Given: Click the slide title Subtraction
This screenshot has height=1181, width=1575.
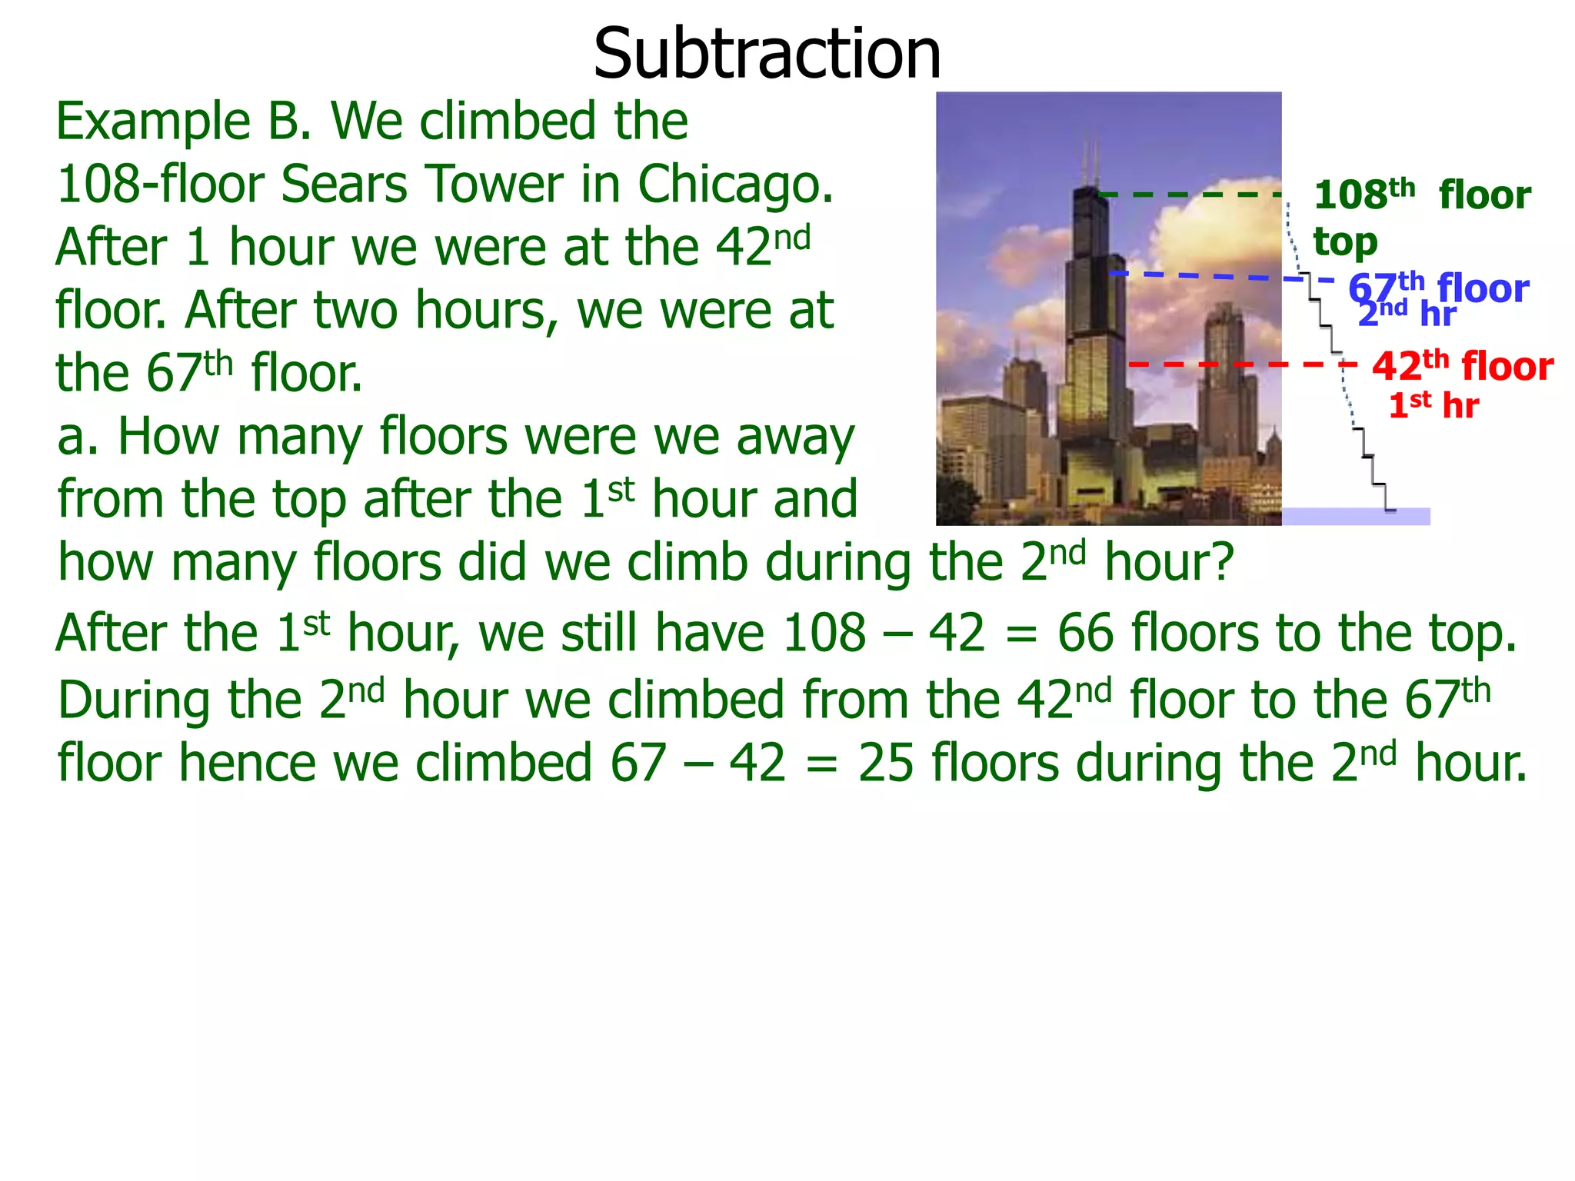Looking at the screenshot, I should click(767, 54).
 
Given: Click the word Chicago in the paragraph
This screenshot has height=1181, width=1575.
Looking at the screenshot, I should click(734, 185).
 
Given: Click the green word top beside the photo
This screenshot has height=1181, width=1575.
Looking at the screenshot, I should click(1344, 243).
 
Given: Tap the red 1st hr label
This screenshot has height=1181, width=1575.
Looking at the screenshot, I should click(1433, 406).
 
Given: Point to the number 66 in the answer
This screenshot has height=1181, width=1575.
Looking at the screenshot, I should click(1085, 634).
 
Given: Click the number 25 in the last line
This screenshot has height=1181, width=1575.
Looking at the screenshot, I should click(885, 763).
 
